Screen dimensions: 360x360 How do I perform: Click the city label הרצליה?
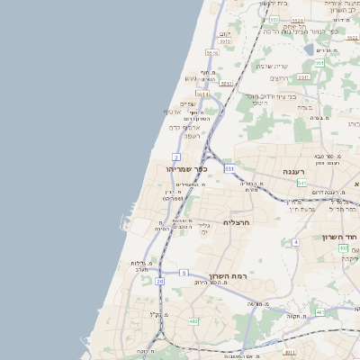pyautogui.click(x=235, y=221)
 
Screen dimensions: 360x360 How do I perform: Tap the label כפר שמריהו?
pyautogui.click(x=187, y=168)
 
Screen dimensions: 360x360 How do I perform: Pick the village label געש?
pyautogui.click(x=191, y=77)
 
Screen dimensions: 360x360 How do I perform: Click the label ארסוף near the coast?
pyautogui.click(x=173, y=112)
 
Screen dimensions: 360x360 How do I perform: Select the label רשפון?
pyautogui.click(x=184, y=136)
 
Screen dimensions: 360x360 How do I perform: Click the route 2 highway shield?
pyautogui.click(x=176, y=157)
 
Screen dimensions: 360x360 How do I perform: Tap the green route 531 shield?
pyautogui.click(x=229, y=168)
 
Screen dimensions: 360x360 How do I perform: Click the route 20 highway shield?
pyautogui.click(x=159, y=282)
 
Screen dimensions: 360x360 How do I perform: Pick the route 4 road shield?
pyautogui.click(x=295, y=242)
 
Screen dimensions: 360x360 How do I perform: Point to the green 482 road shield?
pyautogui.click(x=193, y=320)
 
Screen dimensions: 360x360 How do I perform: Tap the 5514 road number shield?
pyautogui.click(x=202, y=93)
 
